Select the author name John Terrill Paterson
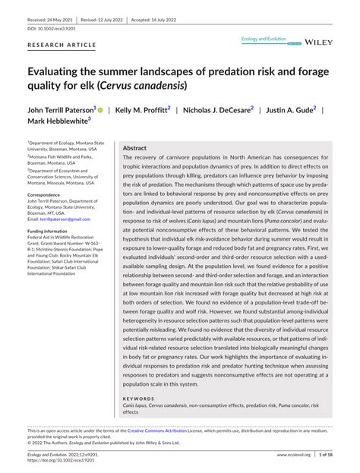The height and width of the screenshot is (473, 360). [x=61, y=109]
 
